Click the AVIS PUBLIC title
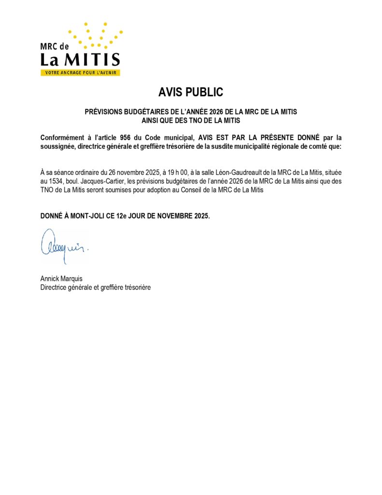coord(191,92)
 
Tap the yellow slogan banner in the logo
coord(80,73)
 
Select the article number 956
coord(127,138)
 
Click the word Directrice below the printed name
coord(54,287)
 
